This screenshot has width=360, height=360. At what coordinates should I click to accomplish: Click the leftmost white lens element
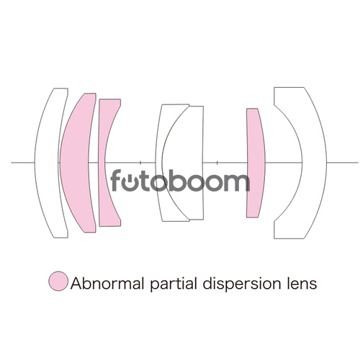[47, 163]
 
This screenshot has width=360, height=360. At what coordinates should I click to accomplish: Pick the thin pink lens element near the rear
[256, 163]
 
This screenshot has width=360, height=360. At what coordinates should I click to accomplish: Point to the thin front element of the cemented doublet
[159, 163]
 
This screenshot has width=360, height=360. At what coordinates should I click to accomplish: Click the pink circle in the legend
[58, 282]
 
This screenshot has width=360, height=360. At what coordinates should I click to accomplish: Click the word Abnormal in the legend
[107, 283]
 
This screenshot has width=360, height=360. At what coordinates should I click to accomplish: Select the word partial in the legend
[174, 284]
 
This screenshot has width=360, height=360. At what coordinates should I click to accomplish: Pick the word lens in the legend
[302, 283]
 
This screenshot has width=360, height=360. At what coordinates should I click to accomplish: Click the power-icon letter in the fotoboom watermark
[130, 182]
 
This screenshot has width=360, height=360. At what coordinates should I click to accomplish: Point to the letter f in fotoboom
[116, 180]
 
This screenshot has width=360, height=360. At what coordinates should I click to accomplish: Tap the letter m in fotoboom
[235, 182]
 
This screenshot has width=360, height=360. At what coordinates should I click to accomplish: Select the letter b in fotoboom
[179, 181]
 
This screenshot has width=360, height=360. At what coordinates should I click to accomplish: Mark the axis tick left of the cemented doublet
[140, 163]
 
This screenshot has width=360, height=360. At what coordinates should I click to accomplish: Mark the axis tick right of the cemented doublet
[217, 163]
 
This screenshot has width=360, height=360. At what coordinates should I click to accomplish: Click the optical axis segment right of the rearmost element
[343, 163]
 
